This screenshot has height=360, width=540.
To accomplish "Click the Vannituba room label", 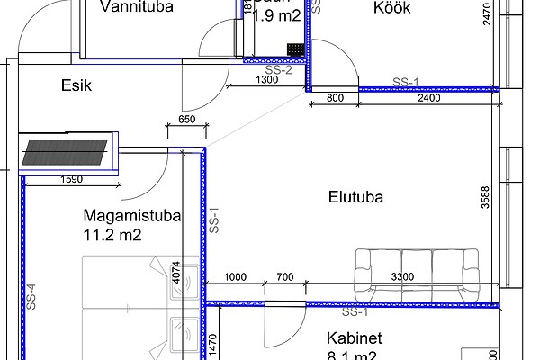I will (137, 9).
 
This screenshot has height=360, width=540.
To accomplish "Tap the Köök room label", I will (391, 8).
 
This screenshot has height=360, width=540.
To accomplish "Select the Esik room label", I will (77, 85).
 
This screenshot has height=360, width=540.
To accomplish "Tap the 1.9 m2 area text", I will (276, 14).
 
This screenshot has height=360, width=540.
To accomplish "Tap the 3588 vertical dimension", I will (486, 197).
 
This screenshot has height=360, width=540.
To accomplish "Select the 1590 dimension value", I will (71, 180).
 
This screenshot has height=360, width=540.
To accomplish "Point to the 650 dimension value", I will (187, 120).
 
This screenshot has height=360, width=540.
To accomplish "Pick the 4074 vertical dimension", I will (177, 273).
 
